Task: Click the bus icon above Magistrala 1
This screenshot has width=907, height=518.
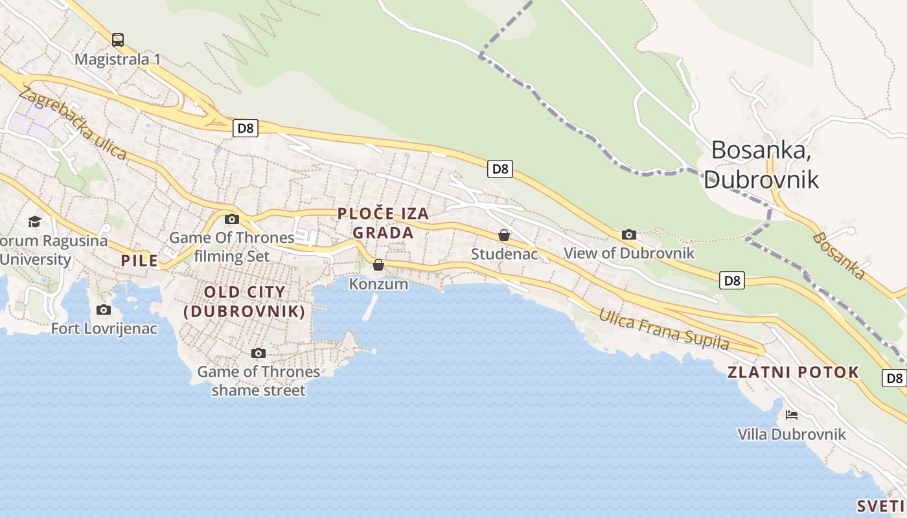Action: pos(117,40)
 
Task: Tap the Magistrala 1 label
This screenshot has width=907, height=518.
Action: pos(117,60)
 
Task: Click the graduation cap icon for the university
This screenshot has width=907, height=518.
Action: pos(34,222)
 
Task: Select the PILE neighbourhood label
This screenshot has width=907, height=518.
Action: pos(139,261)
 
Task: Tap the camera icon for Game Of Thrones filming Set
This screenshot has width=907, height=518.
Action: pos(232,219)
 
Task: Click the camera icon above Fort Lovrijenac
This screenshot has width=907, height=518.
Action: pos(104,310)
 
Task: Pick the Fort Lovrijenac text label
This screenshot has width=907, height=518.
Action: pos(104,329)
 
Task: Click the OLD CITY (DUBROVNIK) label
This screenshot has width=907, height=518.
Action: pos(245,302)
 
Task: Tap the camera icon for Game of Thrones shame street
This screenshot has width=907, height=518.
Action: pos(258,353)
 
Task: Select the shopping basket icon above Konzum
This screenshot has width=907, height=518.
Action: pos(378,265)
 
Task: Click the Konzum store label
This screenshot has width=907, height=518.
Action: pos(378,284)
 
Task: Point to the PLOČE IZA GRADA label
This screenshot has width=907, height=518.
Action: pos(383,223)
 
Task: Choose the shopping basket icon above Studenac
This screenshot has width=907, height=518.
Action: pos(504,235)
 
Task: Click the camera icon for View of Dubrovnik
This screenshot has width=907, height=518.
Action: pos(628,234)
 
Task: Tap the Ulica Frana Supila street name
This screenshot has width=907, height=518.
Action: pos(663,329)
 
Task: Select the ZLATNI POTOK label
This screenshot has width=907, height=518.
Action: pos(793,372)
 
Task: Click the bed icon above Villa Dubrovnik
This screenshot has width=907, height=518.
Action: pos(791,415)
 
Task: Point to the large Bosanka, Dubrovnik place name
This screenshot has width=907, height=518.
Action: pos(761,164)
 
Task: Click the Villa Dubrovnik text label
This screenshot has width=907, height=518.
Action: pos(792,434)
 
